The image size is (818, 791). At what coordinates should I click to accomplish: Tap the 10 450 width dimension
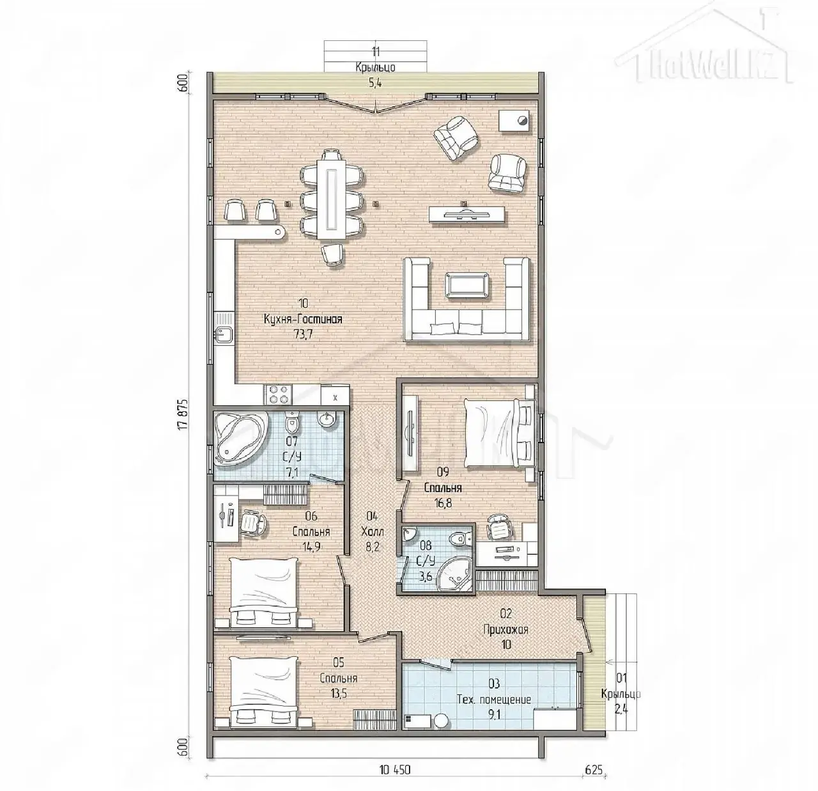[x=395, y=770]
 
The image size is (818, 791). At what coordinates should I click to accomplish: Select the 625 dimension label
[x=594, y=770]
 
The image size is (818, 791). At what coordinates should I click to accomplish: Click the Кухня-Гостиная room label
[x=303, y=319]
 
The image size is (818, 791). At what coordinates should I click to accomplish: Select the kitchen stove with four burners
[x=278, y=395]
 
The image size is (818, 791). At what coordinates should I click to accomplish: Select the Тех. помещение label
[x=494, y=700]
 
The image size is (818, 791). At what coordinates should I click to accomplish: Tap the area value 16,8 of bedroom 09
[x=443, y=503]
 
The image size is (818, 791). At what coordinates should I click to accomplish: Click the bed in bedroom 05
[x=265, y=693]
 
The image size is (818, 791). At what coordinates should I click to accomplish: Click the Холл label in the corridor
[x=373, y=531]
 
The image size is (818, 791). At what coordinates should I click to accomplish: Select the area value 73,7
[x=303, y=334]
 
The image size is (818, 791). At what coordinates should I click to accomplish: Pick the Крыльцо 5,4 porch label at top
[x=375, y=75]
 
